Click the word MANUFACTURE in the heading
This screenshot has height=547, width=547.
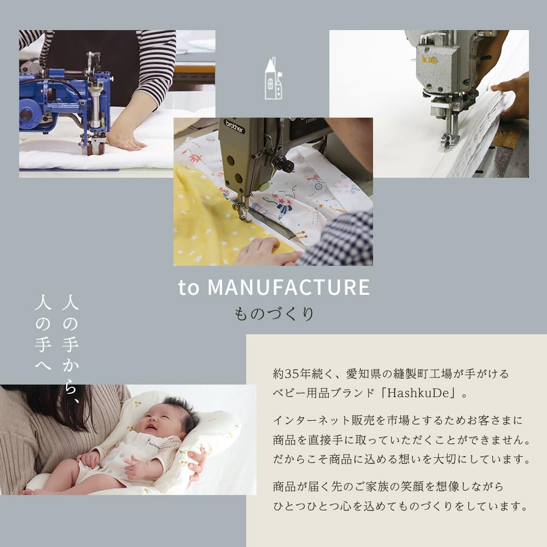point(289,288)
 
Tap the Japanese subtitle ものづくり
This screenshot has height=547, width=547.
point(273,315)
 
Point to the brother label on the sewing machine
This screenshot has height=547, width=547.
point(234,126)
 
